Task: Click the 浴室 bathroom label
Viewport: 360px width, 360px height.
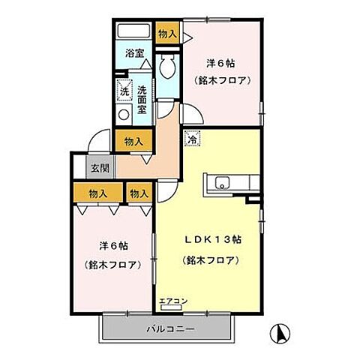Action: point(133,55)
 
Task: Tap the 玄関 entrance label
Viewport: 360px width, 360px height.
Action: point(100,168)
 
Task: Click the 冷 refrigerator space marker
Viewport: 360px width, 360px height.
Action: point(191,138)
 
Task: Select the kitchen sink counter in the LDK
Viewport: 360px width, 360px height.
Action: point(233,181)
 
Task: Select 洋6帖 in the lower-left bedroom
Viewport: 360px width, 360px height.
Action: point(112,245)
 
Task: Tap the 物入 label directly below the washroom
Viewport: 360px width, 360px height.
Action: point(133,140)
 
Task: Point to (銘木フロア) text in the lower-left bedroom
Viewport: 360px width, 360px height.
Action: point(112,265)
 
